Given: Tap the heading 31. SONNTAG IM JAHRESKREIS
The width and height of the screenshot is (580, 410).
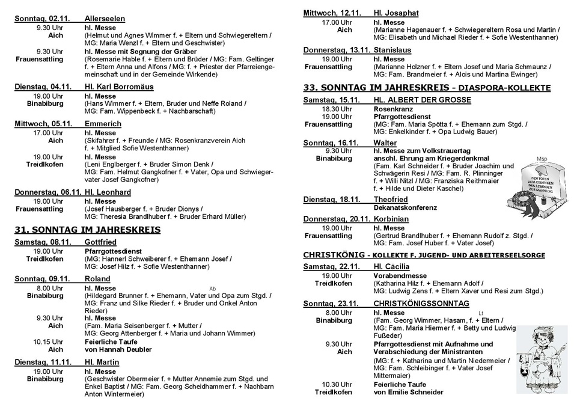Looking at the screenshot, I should click(x=87, y=229).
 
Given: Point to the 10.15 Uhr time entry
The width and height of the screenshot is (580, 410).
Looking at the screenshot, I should click(x=49, y=341).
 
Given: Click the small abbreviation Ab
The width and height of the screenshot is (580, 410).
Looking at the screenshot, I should click(x=212, y=289).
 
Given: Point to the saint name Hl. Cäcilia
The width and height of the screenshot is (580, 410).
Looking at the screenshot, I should click(x=391, y=266).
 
